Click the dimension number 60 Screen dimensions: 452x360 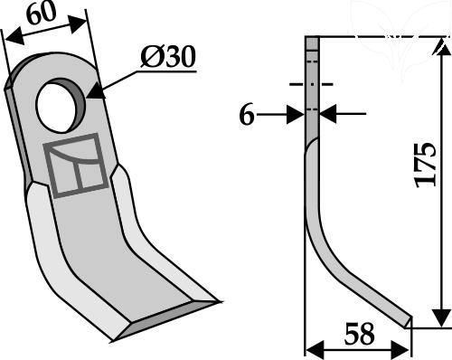[42, 14]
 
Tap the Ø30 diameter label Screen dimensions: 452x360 [168, 57]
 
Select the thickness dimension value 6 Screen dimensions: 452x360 [247, 116]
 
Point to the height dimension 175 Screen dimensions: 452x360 [426, 165]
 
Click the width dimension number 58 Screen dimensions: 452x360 [359, 334]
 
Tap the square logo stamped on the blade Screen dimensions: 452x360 [76, 166]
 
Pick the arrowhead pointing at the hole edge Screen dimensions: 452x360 [97, 90]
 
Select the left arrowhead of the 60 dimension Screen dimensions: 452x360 [15, 36]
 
